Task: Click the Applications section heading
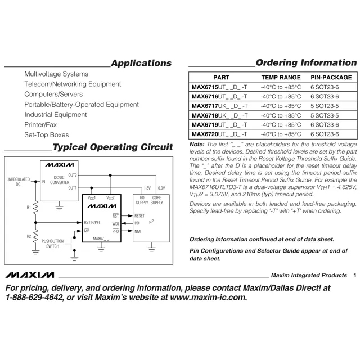[x=141, y=63]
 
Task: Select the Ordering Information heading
[x=305, y=62]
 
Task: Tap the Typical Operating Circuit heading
[x=112, y=147]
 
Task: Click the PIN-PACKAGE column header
[x=331, y=77]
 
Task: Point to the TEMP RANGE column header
[x=281, y=77]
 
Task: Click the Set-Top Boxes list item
[x=47, y=135]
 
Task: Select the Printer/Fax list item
[x=40, y=125]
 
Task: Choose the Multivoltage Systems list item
[x=56, y=74]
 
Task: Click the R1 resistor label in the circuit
[x=29, y=208]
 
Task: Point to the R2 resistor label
[x=29, y=236]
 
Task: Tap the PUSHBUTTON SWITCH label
[x=52, y=244]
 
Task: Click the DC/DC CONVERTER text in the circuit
[x=59, y=180]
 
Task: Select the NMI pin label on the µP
[x=138, y=231]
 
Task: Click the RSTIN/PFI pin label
[x=92, y=222]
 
